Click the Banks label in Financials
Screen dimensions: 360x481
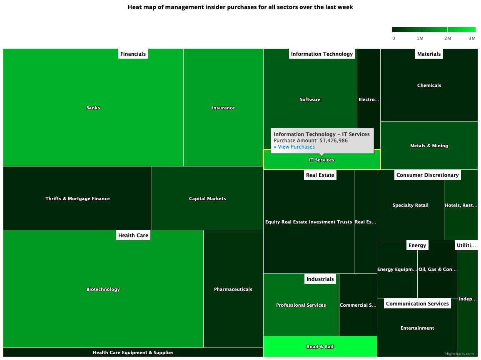click(x=93, y=108)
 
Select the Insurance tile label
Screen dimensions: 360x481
click(x=223, y=108)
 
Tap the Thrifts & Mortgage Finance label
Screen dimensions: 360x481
click(x=77, y=199)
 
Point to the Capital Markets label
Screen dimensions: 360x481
click(x=207, y=199)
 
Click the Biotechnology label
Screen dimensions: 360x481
click(x=103, y=289)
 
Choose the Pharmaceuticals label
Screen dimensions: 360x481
click(x=233, y=289)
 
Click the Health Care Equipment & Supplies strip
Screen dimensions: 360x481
click(x=133, y=353)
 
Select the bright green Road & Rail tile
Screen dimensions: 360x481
click(x=320, y=347)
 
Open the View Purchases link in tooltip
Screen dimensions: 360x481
click(x=294, y=147)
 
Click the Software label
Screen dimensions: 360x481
click(x=310, y=99)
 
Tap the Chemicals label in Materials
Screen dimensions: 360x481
click(x=429, y=85)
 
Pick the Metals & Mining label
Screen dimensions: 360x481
click(x=429, y=146)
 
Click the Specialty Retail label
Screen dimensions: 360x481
click(x=410, y=205)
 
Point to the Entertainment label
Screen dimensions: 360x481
click(x=417, y=328)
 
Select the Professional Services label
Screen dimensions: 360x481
click(x=301, y=305)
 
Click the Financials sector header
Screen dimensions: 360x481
click(x=133, y=54)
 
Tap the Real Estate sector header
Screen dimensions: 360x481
click(x=320, y=175)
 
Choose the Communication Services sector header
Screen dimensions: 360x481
click(x=417, y=303)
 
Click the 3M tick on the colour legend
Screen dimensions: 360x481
click(x=472, y=38)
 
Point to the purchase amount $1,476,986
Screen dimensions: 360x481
click(x=334, y=141)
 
